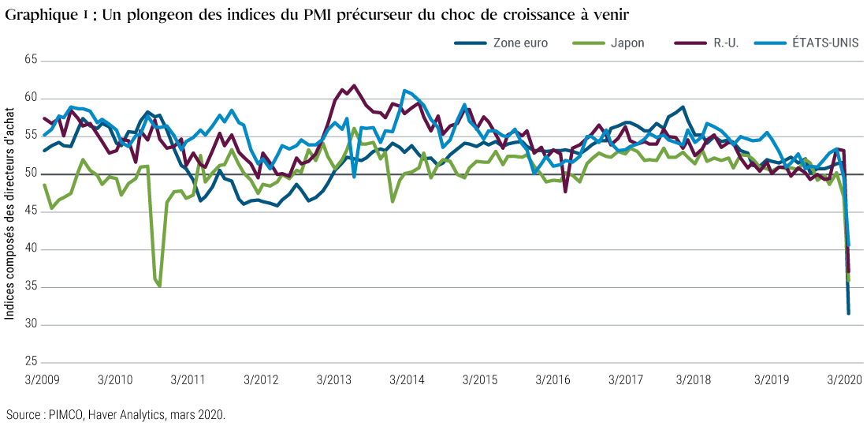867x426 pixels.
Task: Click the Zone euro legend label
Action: [x=519, y=43]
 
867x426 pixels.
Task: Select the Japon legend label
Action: [x=627, y=43]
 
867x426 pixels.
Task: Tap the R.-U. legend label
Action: [x=726, y=43]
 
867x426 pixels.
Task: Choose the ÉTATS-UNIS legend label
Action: [x=825, y=43]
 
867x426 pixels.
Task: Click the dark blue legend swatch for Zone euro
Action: [x=471, y=43]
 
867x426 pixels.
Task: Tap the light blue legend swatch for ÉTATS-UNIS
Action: [x=770, y=43]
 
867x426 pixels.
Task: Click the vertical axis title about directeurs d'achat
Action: [x=9, y=213]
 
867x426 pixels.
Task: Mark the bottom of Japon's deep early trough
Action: [x=160, y=286]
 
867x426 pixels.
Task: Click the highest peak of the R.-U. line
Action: [x=353, y=85]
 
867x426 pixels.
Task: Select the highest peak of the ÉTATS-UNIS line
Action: [x=404, y=90]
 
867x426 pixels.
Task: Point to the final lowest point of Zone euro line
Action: [x=848, y=314]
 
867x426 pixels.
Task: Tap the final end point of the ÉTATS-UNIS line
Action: [x=849, y=245]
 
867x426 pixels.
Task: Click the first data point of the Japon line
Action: [x=44, y=184]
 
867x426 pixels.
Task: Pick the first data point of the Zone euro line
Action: [x=44, y=150]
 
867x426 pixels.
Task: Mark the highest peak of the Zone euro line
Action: [x=683, y=106]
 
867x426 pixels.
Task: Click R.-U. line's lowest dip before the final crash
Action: [x=564, y=192]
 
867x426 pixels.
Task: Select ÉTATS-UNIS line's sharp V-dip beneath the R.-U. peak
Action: [x=354, y=177]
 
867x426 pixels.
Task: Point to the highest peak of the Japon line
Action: [x=355, y=128]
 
